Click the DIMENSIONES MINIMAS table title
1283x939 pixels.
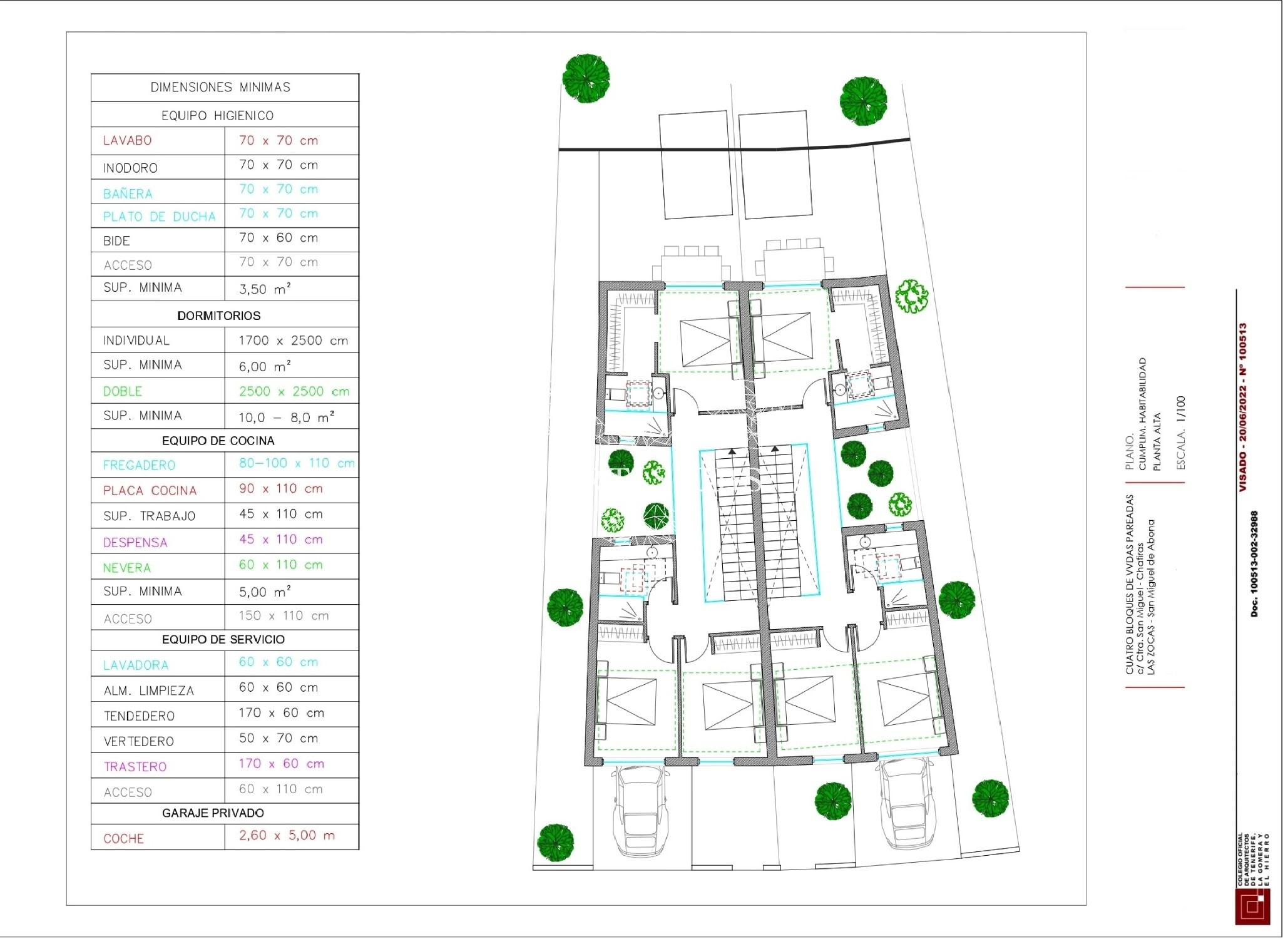pos(220,87)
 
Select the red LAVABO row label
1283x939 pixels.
pos(128,140)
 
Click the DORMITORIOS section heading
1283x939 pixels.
pos(219,316)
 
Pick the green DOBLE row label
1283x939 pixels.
pos(123,391)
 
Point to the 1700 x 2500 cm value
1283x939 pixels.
pos(293,341)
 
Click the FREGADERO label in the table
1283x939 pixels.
pos(139,465)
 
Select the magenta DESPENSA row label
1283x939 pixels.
pos(135,542)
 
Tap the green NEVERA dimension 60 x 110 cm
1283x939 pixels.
pos(280,565)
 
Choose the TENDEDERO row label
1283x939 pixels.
pos(139,716)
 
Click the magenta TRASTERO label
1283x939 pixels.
pos(135,766)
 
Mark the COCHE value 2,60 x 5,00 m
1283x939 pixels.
pos(287,835)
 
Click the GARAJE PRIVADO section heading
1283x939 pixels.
pos(213,813)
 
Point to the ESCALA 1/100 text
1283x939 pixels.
pos(1180,433)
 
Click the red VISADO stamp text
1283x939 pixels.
pos(1243,407)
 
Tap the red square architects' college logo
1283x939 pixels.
pos(1252,906)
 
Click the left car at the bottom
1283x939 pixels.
pos(640,811)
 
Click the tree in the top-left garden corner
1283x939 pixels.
pos(586,78)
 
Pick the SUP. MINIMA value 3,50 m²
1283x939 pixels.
pos(265,289)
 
